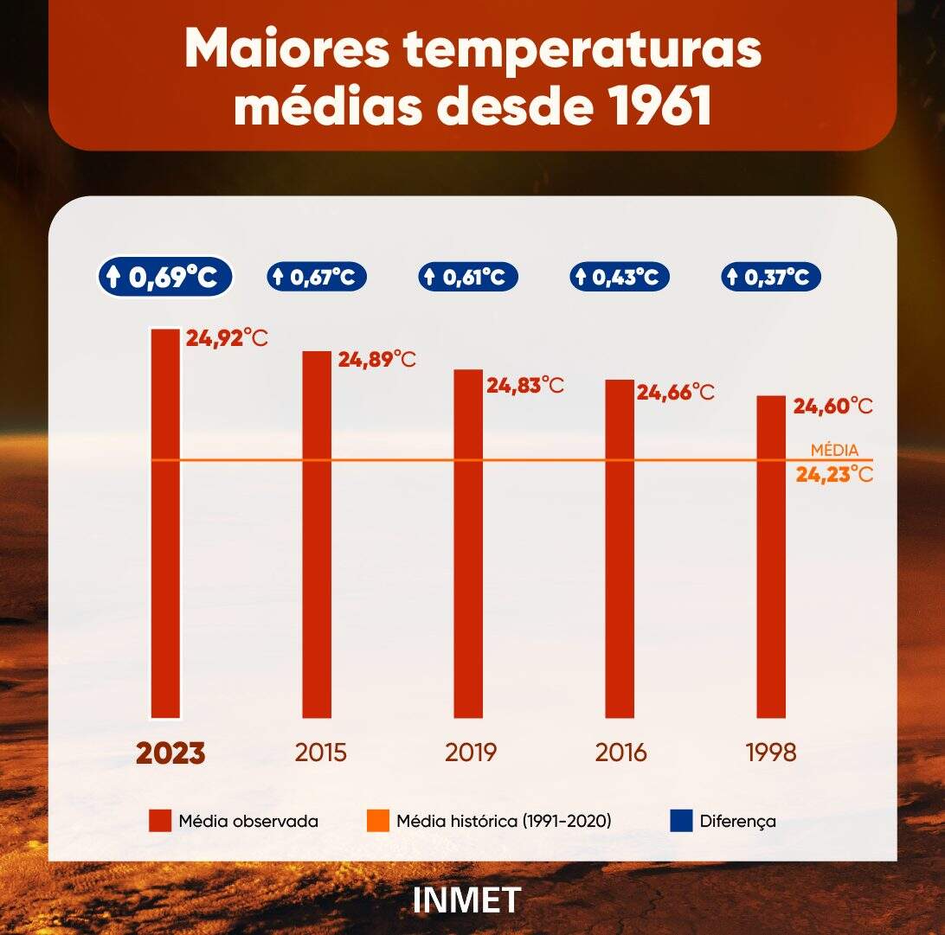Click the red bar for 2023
coord(165,522)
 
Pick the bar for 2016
coord(619,548)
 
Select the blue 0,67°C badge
coord(316,277)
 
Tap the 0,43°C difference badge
coord(619,277)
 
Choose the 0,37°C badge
coord(771,277)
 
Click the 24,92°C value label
coord(227,337)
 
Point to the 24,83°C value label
coord(524,386)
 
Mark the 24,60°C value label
coord(832,406)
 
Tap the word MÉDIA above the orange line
coord(834,450)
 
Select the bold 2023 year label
coord(170,752)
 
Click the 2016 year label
coord(620,752)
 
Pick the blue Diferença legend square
coord(681,821)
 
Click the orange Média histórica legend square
coord(378,821)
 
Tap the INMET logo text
coord(467,900)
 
